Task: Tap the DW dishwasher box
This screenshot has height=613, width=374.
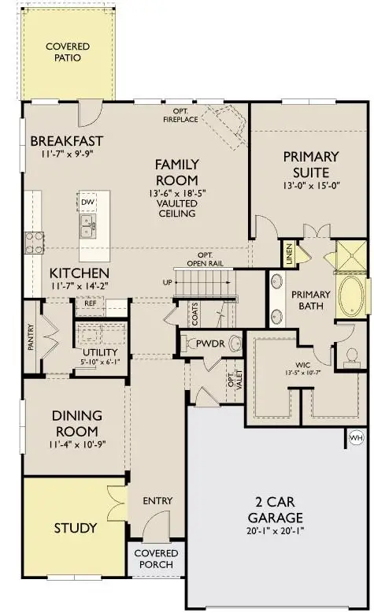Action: tap(88, 202)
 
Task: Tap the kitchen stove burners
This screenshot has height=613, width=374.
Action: tap(34, 243)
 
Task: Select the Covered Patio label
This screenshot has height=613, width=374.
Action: tap(66, 53)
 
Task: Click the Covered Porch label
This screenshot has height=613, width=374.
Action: tap(156, 559)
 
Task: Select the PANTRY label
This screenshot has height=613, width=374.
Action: tap(31, 340)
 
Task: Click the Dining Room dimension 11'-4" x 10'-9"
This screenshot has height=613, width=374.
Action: tap(76, 447)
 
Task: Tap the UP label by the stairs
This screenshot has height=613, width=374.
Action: tap(167, 281)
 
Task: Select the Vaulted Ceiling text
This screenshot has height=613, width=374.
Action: tap(176, 208)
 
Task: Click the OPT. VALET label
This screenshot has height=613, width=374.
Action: tap(231, 382)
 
